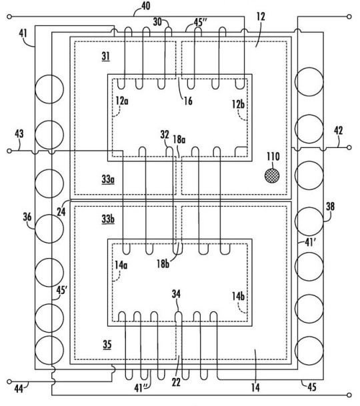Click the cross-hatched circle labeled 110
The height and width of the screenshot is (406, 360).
272,176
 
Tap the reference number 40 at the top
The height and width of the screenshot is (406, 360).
146,6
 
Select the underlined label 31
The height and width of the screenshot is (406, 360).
106,57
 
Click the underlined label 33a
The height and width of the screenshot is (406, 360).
108,179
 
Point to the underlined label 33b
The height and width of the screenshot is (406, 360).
108,219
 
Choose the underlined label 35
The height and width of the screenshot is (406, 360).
107,345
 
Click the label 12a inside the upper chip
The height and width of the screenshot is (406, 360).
122,101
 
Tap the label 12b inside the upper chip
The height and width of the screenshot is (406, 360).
238,104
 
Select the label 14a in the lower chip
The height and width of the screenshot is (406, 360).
121,265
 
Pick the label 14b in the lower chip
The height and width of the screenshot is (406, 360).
238,296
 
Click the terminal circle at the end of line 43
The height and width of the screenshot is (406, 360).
9,151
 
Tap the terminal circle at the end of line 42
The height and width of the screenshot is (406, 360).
349,147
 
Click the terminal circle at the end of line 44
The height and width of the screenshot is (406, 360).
9,381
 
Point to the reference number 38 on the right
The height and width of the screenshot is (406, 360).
330,207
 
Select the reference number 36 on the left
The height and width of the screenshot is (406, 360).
27,217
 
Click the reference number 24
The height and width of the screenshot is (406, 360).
61,212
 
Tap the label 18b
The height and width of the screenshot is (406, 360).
163,264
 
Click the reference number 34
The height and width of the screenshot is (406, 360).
176,294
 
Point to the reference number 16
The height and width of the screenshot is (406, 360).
188,101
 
